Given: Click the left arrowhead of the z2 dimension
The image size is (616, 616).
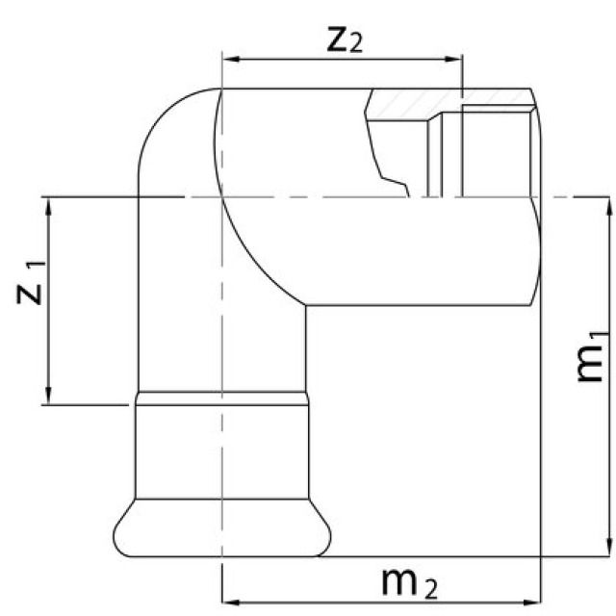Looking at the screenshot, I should [229, 61].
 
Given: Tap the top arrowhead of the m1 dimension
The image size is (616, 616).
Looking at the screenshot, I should [606, 203].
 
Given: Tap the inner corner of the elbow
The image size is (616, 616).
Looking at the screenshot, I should [307, 306].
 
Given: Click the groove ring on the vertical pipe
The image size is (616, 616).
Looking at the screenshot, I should [221, 398].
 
